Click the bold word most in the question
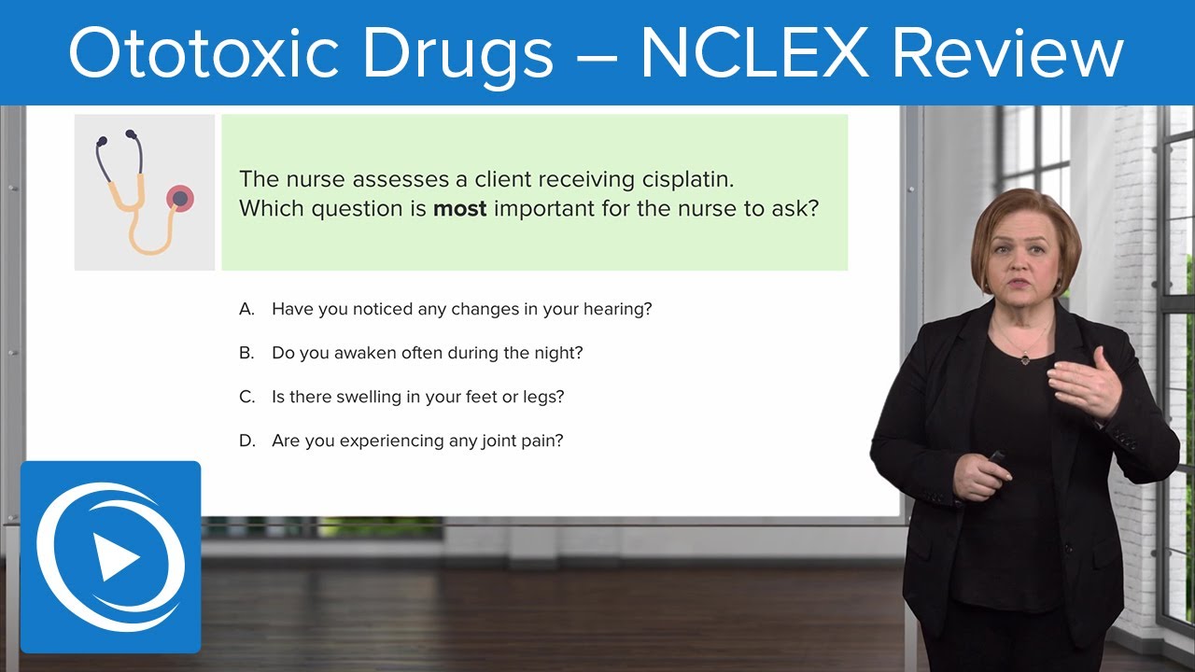(x=460, y=209)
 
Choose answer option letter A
(x=246, y=309)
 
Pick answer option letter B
(x=246, y=354)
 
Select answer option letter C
(x=246, y=398)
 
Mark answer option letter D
(x=246, y=441)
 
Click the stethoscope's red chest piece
(x=179, y=198)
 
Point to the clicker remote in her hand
(x=995, y=458)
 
